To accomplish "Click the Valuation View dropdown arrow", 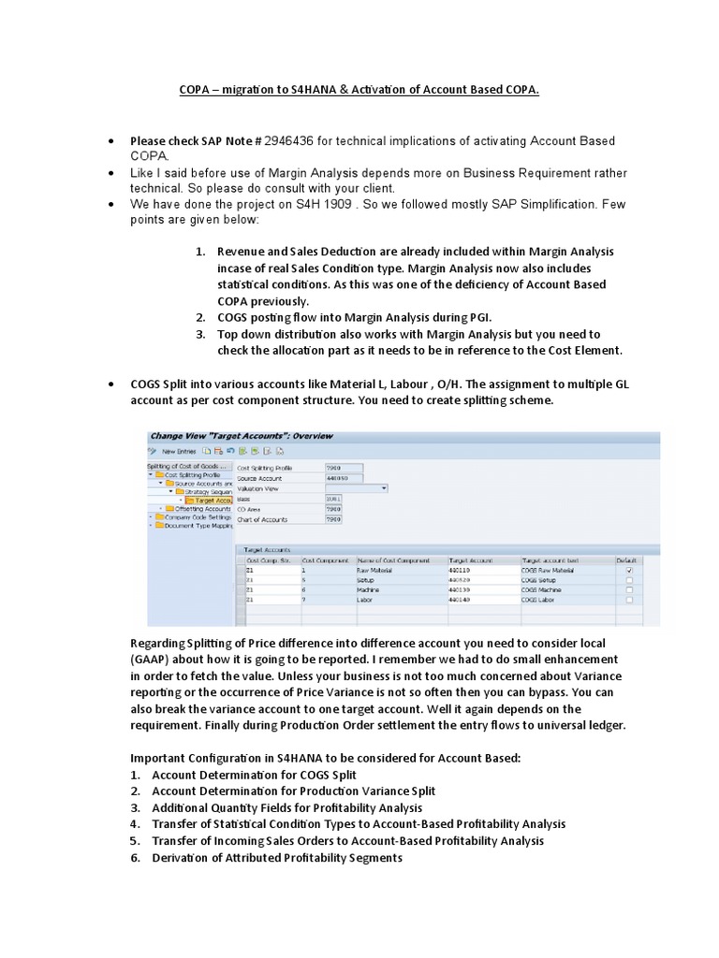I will pos(384,487).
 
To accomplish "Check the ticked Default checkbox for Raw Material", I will pos(627,570).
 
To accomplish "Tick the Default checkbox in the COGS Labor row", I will pos(627,601).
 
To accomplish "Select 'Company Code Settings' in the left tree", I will pos(197,516).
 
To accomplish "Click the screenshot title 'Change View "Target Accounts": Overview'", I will pos(242,436).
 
